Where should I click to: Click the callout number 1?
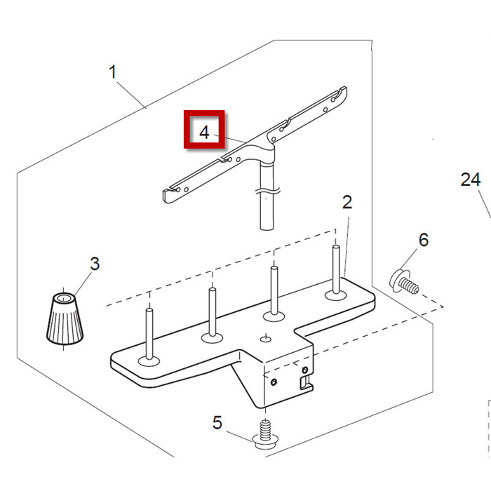(113, 72)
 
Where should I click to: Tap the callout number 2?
(347, 203)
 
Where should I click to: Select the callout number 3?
(94, 264)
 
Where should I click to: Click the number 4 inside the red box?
(204, 131)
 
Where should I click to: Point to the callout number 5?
(217, 423)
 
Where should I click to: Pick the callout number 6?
(423, 240)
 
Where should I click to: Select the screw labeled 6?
(404, 281)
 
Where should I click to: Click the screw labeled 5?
(266, 435)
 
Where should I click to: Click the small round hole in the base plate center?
(265, 339)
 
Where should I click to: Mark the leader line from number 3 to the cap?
(81, 281)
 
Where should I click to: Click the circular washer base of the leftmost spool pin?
(149, 361)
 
